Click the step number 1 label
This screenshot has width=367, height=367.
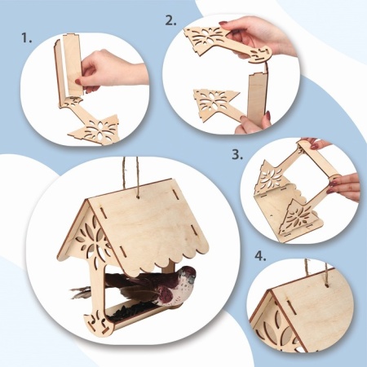coord(26,38)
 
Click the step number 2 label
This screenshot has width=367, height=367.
coord(171,20)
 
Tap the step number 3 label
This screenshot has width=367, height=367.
coord(237,155)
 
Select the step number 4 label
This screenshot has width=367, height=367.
coord(260,256)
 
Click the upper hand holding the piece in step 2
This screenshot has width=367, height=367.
coord(259,35)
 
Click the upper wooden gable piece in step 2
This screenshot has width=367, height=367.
coord(227,43)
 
